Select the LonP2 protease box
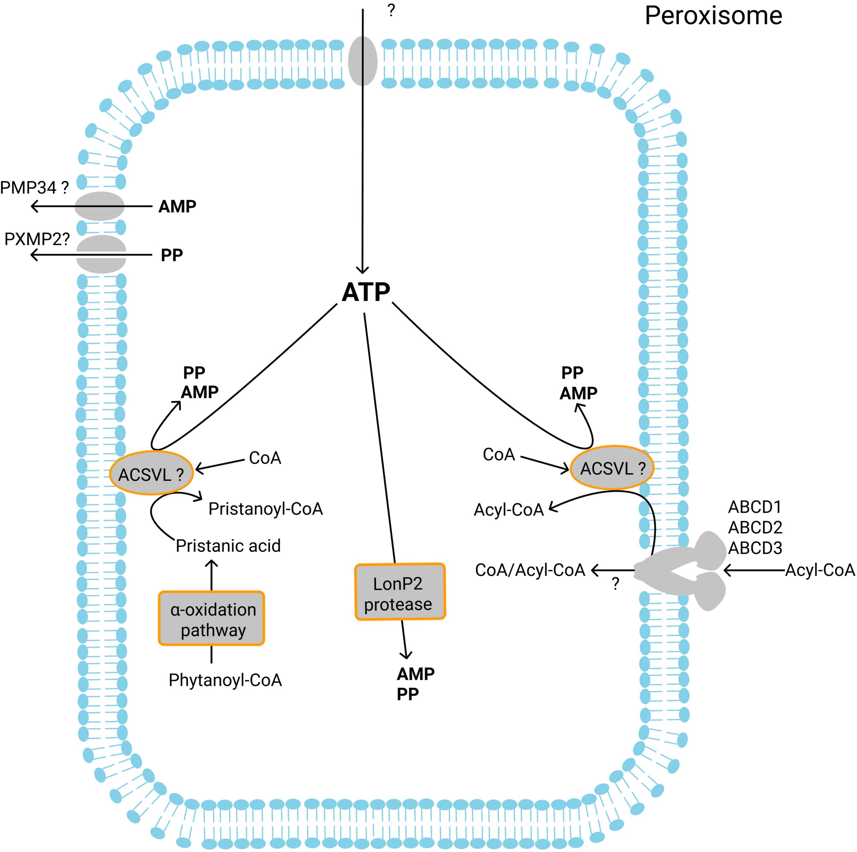pos(400,592)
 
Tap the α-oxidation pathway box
pos(212,618)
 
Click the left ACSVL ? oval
pos(151,473)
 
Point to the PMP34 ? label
pos(34,188)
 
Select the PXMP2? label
pos(37,239)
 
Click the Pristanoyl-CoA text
pos(265,509)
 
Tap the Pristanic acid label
pos(228,546)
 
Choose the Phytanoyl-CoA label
pos(225,680)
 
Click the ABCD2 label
pos(755,528)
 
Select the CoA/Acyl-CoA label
pos(530,570)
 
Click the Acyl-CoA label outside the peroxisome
pos(820,570)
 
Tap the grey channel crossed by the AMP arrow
pos(99,206)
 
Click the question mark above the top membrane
pos(391,10)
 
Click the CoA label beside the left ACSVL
pos(265,458)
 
